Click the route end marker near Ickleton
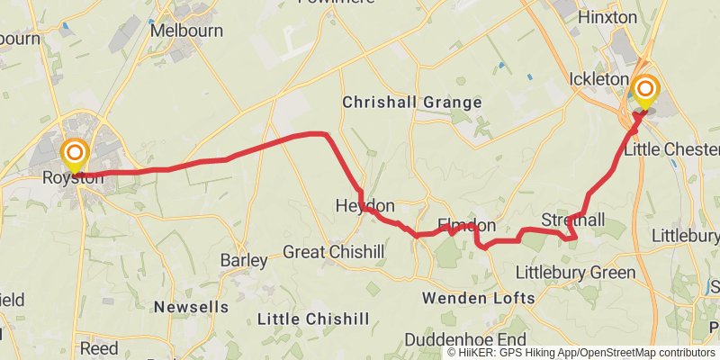tap(645, 90)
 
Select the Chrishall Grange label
tap(412, 103)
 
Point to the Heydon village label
tap(364, 205)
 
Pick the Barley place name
tap(244, 260)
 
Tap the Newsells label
tap(191, 307)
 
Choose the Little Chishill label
tap(313, 319)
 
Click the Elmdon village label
tap(466, 224)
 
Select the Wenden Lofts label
tap(479, 297)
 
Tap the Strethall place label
tap(572, 220)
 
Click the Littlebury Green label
tap(575, 272)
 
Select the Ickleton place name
tap(598, 79)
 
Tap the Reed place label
tap(99, 347)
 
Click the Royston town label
tap(74, 178)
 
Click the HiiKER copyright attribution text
tap(581, 353)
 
